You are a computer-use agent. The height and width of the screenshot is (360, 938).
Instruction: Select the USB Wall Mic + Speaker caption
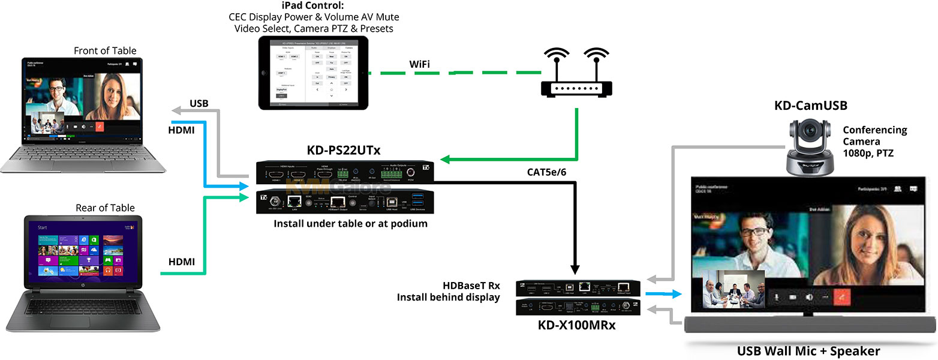click(808, 351)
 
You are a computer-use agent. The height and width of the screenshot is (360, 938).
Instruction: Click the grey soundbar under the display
click(809, 325)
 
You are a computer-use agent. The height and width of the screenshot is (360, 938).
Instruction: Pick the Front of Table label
click(105, 51)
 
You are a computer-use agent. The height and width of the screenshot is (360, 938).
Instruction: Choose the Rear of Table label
click(105, 208)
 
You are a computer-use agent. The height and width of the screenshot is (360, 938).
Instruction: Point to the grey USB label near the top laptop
click(199, 104)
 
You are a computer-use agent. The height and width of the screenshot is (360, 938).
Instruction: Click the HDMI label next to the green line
click(181, 262)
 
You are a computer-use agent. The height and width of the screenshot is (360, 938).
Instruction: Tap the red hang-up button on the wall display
click(846, 296)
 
